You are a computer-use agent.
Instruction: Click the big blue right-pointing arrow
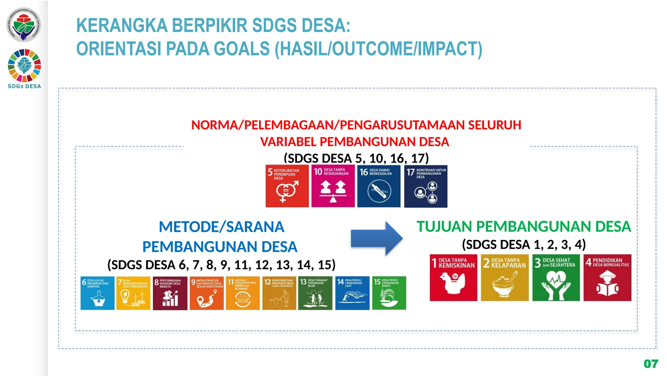pos(376,238)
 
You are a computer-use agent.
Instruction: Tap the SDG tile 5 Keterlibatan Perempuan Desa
pos(287,186)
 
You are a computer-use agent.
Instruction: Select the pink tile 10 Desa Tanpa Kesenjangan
pos(333,186)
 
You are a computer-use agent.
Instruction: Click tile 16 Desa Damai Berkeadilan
pos(378,186)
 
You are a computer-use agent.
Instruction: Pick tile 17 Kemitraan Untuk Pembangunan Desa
pos(425,186)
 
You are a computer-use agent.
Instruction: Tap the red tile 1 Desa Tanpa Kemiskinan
pos(453,278)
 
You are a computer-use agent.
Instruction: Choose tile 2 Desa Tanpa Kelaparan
pos(504,278)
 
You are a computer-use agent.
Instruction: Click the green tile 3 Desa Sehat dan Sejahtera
pos(556,278)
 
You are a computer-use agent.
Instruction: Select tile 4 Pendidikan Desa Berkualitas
pos(607,278)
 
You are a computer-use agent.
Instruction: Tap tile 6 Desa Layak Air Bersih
pos(97,293)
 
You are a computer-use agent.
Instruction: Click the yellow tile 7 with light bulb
pos(133,293)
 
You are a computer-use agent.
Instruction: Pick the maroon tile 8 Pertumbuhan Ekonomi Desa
pos(170,293)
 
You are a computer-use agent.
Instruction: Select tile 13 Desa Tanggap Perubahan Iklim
pos(315,293)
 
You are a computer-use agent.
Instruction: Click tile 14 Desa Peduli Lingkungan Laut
pos(352,293)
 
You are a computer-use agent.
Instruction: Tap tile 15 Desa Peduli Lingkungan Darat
pos(389,293)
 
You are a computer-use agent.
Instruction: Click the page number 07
pos(651,364)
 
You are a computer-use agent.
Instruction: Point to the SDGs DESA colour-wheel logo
pos(24,65)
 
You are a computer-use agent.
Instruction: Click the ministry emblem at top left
pos(24,25)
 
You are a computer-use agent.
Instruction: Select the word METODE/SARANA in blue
pos(221,227)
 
